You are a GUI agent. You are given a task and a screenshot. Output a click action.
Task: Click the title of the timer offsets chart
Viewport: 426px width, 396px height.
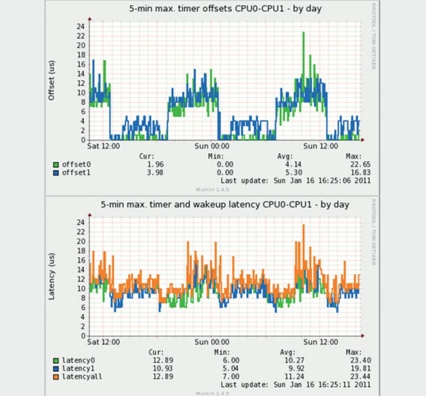225,9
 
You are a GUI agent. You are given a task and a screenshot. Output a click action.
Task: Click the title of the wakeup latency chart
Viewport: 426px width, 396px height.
225,204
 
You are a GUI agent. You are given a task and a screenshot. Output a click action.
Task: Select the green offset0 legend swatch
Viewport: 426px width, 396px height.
56,165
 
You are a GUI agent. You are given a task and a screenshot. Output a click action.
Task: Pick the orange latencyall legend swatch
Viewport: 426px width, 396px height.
56,377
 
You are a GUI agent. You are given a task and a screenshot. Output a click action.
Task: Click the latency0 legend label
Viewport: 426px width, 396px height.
78,360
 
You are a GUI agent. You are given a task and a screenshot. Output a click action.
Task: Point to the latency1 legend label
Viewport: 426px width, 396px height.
78,369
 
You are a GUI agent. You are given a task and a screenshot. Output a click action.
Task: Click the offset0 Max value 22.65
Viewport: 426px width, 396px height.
360,164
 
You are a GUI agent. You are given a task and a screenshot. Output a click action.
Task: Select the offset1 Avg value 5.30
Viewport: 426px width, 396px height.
294,173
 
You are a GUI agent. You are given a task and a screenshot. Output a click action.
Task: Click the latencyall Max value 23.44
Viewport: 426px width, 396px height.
360,377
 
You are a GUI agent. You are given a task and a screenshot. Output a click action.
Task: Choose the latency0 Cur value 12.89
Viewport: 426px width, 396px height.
163,360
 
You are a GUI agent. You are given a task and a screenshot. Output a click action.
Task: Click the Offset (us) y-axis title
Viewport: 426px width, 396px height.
51,80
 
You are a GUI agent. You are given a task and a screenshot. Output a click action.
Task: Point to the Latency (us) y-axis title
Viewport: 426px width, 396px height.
51,276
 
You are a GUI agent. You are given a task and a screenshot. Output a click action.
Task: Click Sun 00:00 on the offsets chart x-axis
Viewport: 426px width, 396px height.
212,146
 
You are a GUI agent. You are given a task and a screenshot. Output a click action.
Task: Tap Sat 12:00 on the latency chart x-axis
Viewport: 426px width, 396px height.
104,342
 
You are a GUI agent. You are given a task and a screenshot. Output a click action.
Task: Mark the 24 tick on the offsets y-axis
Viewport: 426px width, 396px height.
81,27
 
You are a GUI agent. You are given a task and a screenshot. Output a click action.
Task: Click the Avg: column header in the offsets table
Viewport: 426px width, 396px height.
285,156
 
